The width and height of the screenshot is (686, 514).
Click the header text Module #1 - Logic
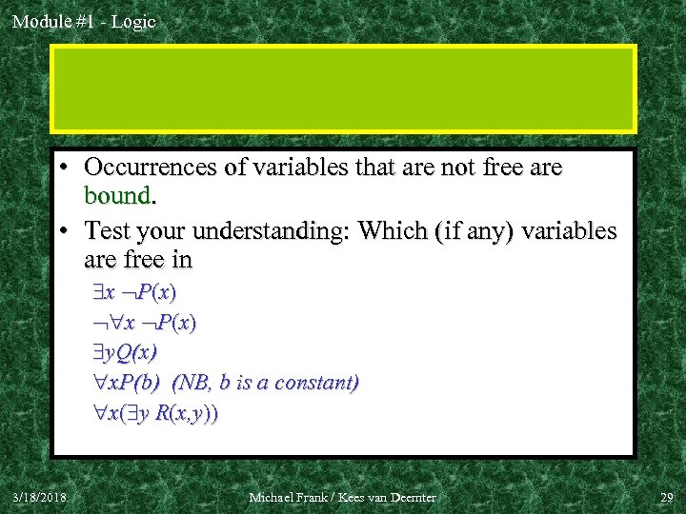point(84,21)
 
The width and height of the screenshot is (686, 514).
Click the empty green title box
point(343,88)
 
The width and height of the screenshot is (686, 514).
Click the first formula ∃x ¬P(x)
point(140,291)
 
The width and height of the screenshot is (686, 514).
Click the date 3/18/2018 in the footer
point(40,497)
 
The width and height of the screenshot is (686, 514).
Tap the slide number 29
point(665,497)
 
